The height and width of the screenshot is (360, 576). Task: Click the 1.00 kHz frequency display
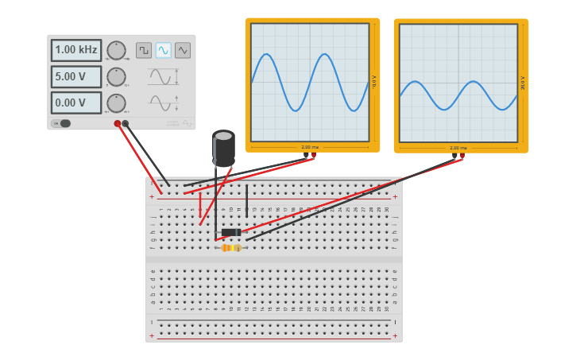click(76, 50)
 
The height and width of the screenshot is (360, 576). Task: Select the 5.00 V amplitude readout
click(76, 77)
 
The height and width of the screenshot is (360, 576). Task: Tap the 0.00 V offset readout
click(76, 103)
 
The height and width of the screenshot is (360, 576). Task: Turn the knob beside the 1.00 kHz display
click(116, 50)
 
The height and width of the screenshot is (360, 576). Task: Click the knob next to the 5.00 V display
click(116, 77)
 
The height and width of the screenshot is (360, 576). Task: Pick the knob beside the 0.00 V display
click(116, 103)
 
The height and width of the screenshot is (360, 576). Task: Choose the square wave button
click(144, 50)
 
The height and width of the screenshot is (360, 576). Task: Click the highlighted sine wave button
click(163, 50)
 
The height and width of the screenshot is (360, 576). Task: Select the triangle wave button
click(183, 50)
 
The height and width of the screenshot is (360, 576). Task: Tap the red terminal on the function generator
click(118, 123)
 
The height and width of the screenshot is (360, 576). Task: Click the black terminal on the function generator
click(126, 123)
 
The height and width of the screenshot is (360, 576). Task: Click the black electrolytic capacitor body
click(223, 148)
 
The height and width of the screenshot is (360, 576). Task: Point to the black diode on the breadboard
click(231, 232)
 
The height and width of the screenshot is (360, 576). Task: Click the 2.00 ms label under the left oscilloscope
click(310, 147)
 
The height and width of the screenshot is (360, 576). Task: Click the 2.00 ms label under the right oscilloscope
click(458, 148)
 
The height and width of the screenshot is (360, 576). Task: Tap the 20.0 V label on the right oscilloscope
click(523, 83)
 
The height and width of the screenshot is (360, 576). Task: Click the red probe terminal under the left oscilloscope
click(312, 155)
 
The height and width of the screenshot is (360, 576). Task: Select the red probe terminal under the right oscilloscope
click(462, 156)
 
